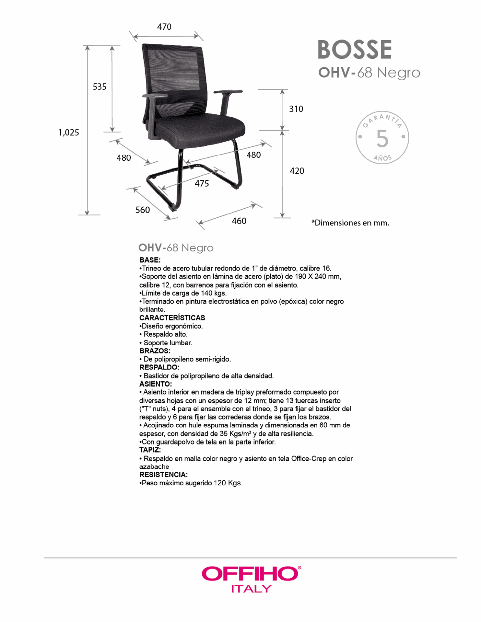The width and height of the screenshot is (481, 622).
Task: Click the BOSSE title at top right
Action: click(x=355, y=50)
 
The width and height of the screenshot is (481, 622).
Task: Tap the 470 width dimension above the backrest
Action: click(x=164, y=27)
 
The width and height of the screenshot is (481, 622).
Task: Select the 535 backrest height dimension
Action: click(x=100, y=87)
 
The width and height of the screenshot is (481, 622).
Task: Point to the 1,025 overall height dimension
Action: click(x=68, y=132)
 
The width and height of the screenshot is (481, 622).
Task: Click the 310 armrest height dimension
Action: click(x=296, y=109)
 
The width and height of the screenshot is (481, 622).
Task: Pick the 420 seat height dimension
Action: click(x=297, y=171)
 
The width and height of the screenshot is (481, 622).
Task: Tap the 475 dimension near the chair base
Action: click(x=202, y=184)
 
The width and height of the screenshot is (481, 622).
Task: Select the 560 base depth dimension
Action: click(x=143, y=210)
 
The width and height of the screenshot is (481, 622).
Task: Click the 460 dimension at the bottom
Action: click(x=239, y=221)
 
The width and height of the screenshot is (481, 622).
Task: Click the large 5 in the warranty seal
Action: click(x=382, y=139)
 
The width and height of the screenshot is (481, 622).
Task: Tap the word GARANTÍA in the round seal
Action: click(x=382, y=120)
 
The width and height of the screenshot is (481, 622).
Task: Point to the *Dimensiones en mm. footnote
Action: click(x=350, y=223)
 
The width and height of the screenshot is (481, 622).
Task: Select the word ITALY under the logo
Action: click(x=252, y=589)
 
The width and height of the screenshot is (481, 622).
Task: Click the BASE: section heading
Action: click(x=150, y=260)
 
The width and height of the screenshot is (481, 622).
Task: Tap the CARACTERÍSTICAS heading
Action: click(x=172, y=318)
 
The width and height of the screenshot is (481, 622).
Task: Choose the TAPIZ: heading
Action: click(x=150, y=450)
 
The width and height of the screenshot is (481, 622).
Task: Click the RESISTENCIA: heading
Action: click(x=163, y=475)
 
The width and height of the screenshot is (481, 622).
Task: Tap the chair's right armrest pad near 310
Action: click(x=228, y=92)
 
